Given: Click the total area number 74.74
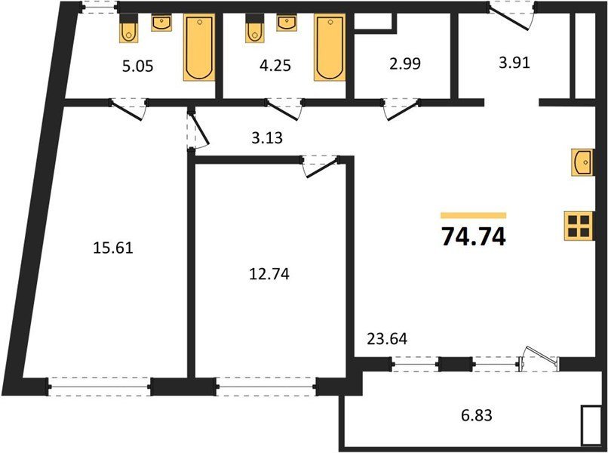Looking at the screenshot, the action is tap(474, 236).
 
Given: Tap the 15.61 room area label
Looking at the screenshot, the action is tap(113, 248).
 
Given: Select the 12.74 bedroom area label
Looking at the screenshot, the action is tap(269, 274).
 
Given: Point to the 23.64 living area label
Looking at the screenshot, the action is tap(387, 339).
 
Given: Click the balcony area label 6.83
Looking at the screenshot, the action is tap(477, 415).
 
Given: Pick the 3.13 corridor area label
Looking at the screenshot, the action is tap(267, 137).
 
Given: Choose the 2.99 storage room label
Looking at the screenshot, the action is tap(405, 63).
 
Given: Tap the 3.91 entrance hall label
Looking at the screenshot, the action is tap(514, 62).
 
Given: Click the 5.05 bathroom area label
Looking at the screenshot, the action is tap(137, 66).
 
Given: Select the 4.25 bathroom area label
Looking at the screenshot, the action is tap(275, 65).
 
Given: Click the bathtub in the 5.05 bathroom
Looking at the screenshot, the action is tap(199, 48).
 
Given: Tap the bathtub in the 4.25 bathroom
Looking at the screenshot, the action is tap(330, 48).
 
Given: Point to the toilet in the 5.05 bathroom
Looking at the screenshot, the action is tap(128, 29).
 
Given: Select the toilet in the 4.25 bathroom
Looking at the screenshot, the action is tap(254, 29).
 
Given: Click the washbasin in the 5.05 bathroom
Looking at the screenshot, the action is tap(161, 23).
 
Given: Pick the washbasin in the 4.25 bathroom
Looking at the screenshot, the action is tap(287, 23).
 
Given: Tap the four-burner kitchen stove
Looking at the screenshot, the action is tap(579, 226).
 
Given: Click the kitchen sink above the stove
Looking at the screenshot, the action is tap(582, 162).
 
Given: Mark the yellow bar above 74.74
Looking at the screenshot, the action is tap(474, 215).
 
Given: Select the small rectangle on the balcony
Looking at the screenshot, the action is tap(590, 425).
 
